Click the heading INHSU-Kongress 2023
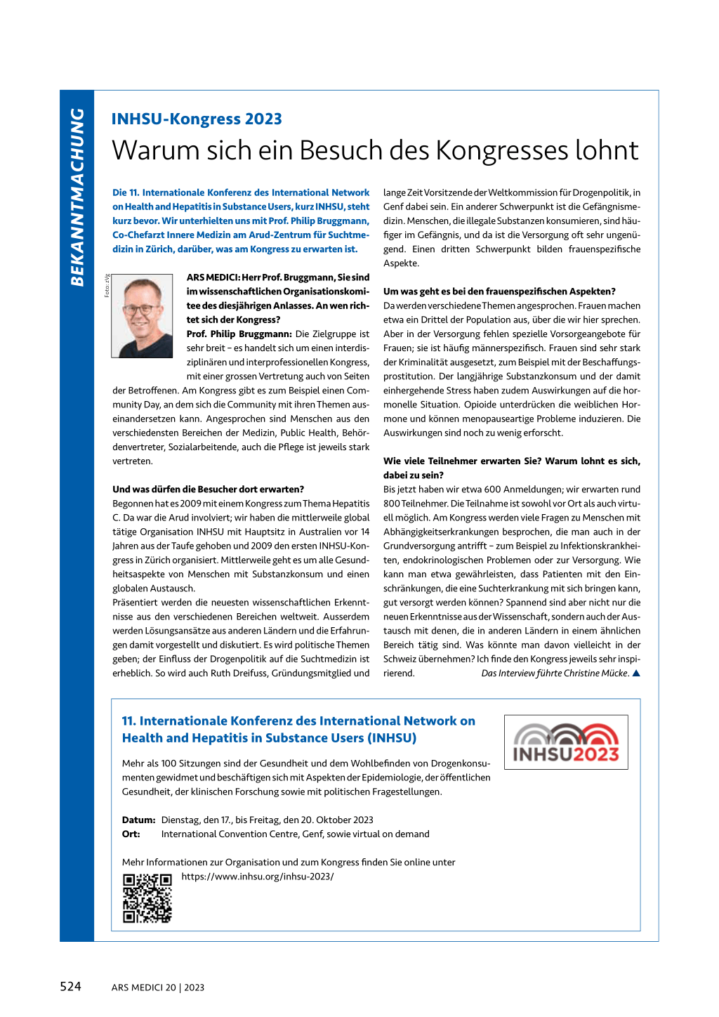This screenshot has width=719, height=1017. [x=197, y=119]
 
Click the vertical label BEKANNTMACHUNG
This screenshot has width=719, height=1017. [x=77, y=197]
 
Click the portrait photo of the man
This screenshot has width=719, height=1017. [x=142, y=315]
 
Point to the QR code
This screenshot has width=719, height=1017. [x=147, y=898]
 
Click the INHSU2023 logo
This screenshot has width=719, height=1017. [x=566, y=742]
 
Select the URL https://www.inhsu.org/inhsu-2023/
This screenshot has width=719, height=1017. [x=258, y=877]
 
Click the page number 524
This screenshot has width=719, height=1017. [x=70, y=987]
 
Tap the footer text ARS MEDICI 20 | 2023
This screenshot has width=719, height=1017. [x=158, y=988]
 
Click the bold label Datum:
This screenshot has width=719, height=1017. [x=138, y=820]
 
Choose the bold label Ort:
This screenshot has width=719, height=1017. [x=131, y=834]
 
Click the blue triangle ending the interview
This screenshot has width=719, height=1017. [x=636, y=673]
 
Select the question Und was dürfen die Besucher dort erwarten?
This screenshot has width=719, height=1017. [x=208, y=490]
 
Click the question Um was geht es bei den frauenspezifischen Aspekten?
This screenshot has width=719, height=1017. [x=499, y=291]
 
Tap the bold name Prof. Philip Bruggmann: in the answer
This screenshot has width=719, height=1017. [x=239, y=334]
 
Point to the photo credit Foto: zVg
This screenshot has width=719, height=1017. [x=107, y=285]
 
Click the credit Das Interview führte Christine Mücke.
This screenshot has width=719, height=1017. [x=555, y=673]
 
